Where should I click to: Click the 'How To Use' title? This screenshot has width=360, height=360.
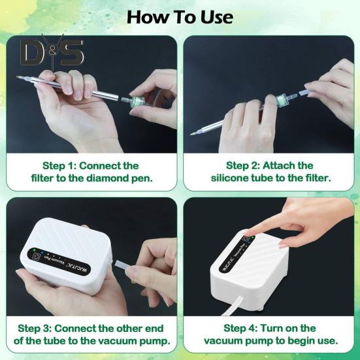click(x=180, y=17)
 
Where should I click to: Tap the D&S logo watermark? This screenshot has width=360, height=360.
click(x=52, y=52)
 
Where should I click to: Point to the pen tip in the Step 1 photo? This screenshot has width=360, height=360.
click(x=18, y=77)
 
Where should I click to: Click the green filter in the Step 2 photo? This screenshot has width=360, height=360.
click(x=281, y=100)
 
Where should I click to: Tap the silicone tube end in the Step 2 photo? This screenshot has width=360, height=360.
click(x=303, y=93)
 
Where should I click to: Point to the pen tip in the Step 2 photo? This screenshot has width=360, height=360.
click(x=191, y=134)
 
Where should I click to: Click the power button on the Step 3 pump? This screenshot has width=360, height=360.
click(x=37, y=255)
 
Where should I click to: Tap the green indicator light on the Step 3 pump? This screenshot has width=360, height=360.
click(x=34, y=250)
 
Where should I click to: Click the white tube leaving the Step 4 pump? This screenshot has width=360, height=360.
click(x=231, y=306)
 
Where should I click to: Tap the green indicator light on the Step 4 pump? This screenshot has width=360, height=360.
click(x=253, y=237)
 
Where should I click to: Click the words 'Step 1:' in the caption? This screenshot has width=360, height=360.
click(x=59, y=166)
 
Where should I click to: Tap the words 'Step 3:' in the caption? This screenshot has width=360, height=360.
click(x=35, y=329)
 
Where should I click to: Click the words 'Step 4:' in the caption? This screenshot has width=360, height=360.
click(x=240, y=329)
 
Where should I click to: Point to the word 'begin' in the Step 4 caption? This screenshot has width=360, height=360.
click(x=303, y=342)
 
